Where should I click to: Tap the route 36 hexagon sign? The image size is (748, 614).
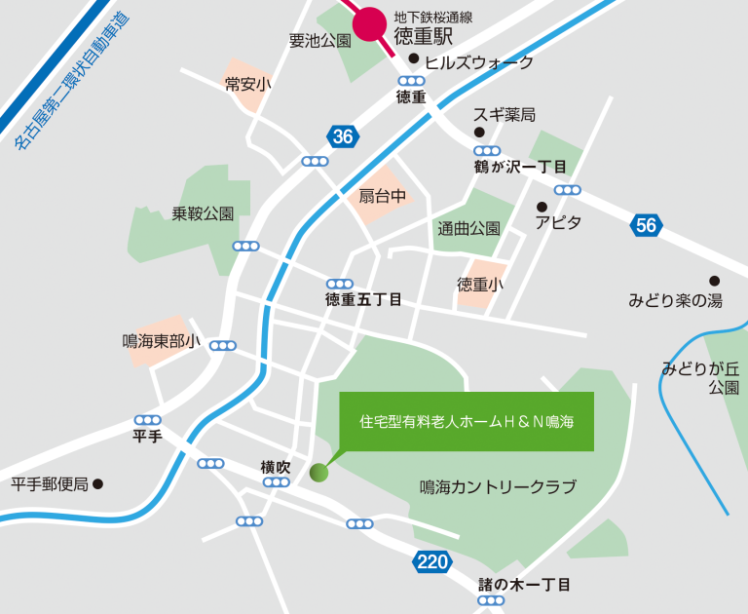(x=341, y=137)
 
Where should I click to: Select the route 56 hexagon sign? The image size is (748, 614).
(x=646, y=225)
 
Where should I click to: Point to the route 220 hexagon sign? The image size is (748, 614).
(x=430, y=560)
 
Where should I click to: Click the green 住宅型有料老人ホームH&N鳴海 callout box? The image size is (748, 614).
(x=466, y=422)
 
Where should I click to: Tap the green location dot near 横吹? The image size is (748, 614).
(x=318, y=474)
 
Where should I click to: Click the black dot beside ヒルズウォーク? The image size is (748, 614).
(x=414, y=60)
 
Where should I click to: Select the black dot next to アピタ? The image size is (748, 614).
(x=542, y=207)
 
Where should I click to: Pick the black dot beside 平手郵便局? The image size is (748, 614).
(x=97, y=483)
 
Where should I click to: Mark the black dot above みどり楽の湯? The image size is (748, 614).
(x=714, y=281)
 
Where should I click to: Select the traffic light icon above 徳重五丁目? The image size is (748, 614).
(x=340, y=284)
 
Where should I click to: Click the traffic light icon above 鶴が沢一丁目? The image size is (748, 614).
(x=487, y=151)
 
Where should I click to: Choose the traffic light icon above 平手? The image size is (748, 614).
(x=147, y=420)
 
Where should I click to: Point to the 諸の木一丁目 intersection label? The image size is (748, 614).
(x=524, y=585)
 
